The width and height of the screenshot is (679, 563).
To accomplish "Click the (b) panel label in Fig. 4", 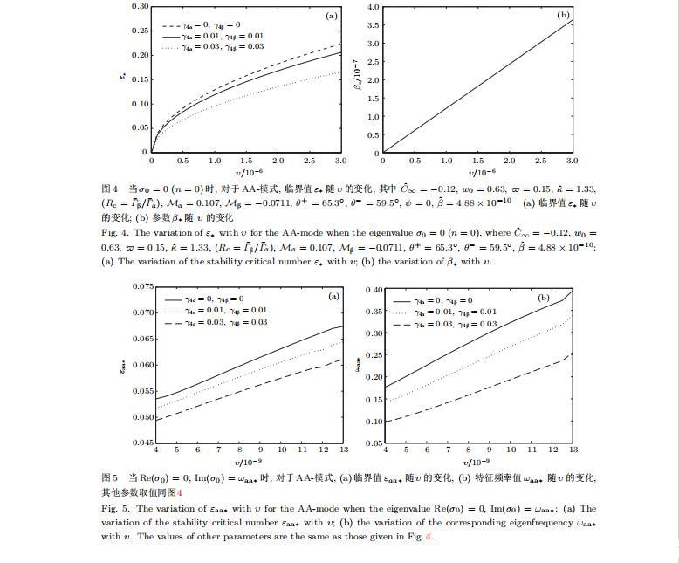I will pos(563,16).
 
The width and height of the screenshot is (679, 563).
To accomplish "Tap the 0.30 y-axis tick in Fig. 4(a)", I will pos(140,6).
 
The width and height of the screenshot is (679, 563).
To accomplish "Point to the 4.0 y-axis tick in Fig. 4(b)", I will pos(373,7).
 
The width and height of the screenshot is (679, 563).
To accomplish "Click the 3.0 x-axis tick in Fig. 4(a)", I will pos(340,161).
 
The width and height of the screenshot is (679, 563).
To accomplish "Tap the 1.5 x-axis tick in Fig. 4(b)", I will pos(478,161).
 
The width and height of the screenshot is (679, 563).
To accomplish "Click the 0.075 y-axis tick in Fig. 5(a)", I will pos(143,286).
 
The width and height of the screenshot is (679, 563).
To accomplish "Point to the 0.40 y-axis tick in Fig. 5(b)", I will pos(374,290).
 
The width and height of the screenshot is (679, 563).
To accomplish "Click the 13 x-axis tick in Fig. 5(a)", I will pos(344,450).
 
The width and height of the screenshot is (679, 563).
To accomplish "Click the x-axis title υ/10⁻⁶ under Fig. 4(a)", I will pos(249,174).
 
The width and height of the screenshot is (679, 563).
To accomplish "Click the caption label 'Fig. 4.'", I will pos(114,233).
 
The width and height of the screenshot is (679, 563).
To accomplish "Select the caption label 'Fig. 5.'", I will pos(114,508).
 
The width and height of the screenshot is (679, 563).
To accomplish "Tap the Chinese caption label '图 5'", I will pos(109,478).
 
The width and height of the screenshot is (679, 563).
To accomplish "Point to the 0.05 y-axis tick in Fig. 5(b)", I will pos(374,443).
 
